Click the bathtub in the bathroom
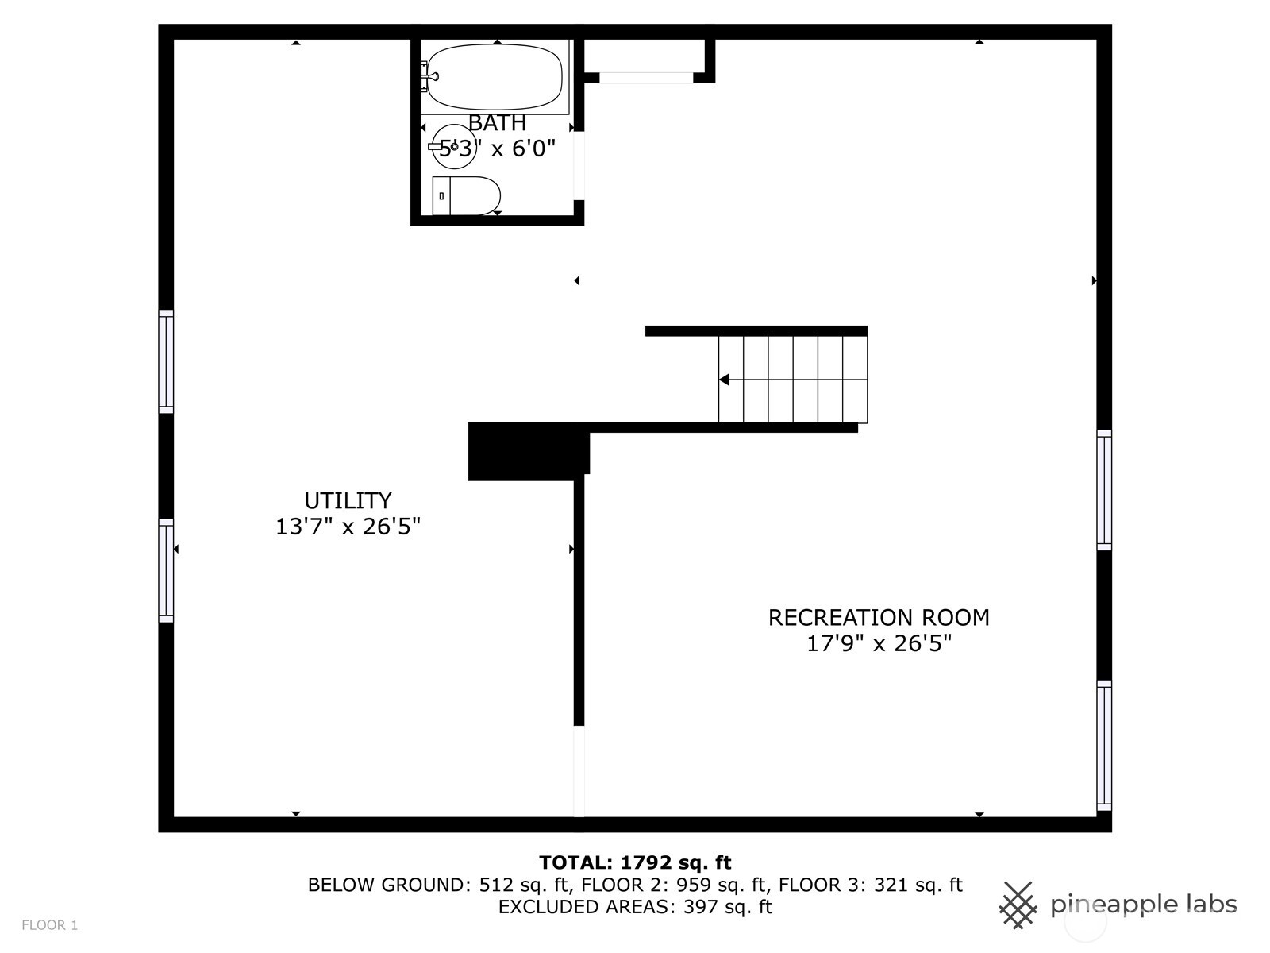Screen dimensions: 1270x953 [x=495, y=77]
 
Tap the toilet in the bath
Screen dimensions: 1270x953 [x=467, y=195]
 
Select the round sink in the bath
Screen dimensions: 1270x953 [x=453, y=146]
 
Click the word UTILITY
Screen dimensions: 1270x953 [x=348, y=500]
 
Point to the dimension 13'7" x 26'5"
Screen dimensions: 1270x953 [x=348, y=527]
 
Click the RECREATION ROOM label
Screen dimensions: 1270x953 [x=879, y=617]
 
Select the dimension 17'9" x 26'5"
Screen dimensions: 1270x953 [x=879, y=643]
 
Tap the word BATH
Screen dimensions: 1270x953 [x=497, y=122]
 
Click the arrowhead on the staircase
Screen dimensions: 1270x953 [x=724, y=380]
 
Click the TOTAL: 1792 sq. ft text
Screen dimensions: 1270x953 [x=635, y=862]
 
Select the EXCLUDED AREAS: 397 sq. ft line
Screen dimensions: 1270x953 [x=635, y=907]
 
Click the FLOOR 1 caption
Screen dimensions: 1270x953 [x=50, y=925]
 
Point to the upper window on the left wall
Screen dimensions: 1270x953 [x=166, y=361]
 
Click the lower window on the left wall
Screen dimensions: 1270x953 [x=166, y=570]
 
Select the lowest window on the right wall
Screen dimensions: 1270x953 [x=1105, y=745]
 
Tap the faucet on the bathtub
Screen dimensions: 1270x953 [x=430, y=76]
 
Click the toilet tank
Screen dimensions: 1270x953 [x=441, y=195]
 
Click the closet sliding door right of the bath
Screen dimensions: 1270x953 [x=646, y=78]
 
